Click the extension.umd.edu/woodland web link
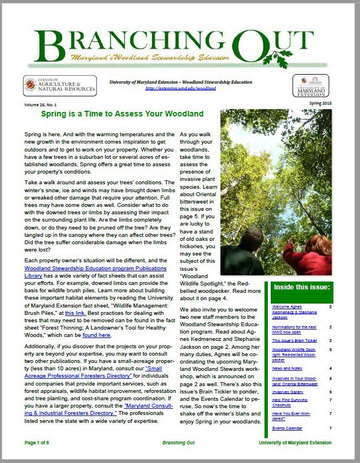[x=181, y=89]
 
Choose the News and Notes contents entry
[x=287, y=369]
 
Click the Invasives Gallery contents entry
[x=288, y=391]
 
